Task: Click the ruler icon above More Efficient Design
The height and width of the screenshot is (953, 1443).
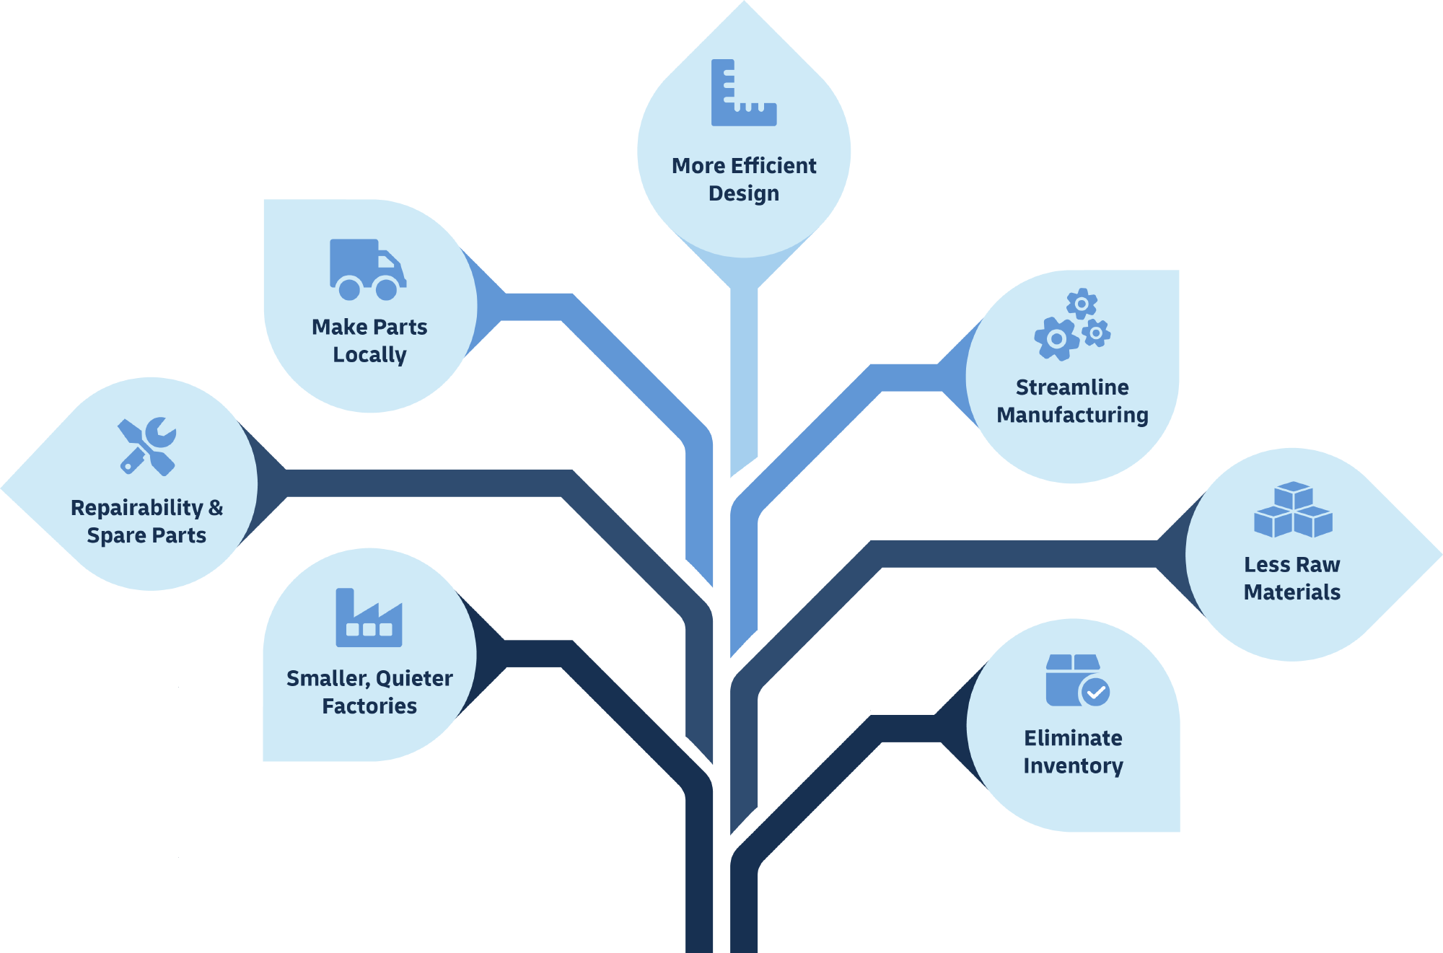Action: click(x=743, y=93)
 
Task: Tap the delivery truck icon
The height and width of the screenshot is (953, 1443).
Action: click(x=367, y=268)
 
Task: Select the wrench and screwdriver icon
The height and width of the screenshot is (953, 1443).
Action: click(x=147, y=447)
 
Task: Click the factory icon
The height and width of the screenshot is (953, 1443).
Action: click(x=369, y=618)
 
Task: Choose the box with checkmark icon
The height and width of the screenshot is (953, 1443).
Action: click(x=1076, y=680)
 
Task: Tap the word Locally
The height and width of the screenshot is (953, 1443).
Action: click(x=369, y=355)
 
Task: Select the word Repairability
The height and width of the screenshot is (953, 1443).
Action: click(x=137, y=508)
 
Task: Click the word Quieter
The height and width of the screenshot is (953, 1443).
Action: click(x=414, y=679)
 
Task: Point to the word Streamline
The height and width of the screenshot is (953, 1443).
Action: click(x=1072, y=387)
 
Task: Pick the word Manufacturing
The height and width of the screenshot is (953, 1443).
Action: click(x=1072, y=416)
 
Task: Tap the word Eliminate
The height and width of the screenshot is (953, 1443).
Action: click(x=1073, y=738)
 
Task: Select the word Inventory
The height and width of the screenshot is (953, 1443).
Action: click(x=1073, y=766)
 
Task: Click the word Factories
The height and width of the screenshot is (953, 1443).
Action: click(x=369, y=706)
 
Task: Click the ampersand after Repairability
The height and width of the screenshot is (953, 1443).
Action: click(x=216, y=508)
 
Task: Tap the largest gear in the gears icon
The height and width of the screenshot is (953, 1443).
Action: click(x=1056, y=338)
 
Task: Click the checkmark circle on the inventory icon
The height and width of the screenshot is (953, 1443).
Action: click(x=1096, y=693)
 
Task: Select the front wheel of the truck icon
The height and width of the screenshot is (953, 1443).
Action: click(x=387, y=289)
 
